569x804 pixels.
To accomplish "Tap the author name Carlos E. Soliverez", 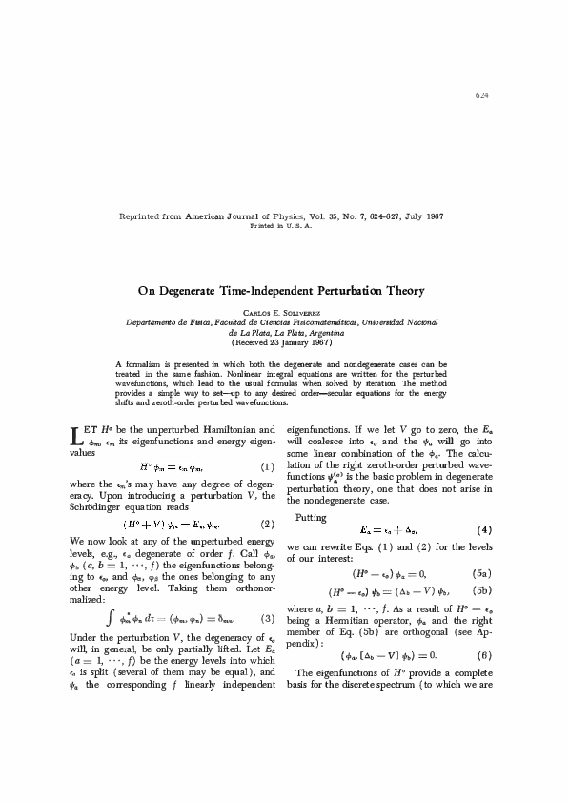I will coord(284,312).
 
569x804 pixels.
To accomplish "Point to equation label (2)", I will coord(267,524).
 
